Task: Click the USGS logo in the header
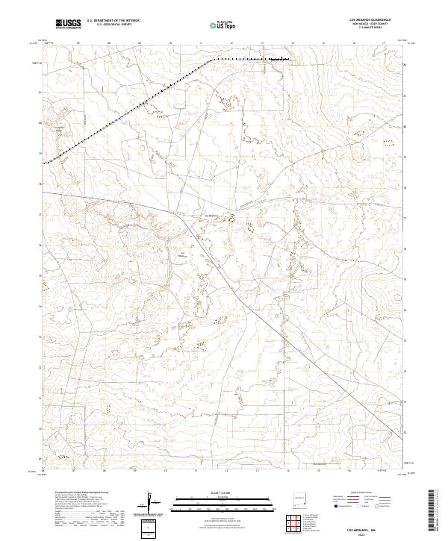coord(67,25)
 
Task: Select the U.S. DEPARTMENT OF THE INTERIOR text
coord(113,21)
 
